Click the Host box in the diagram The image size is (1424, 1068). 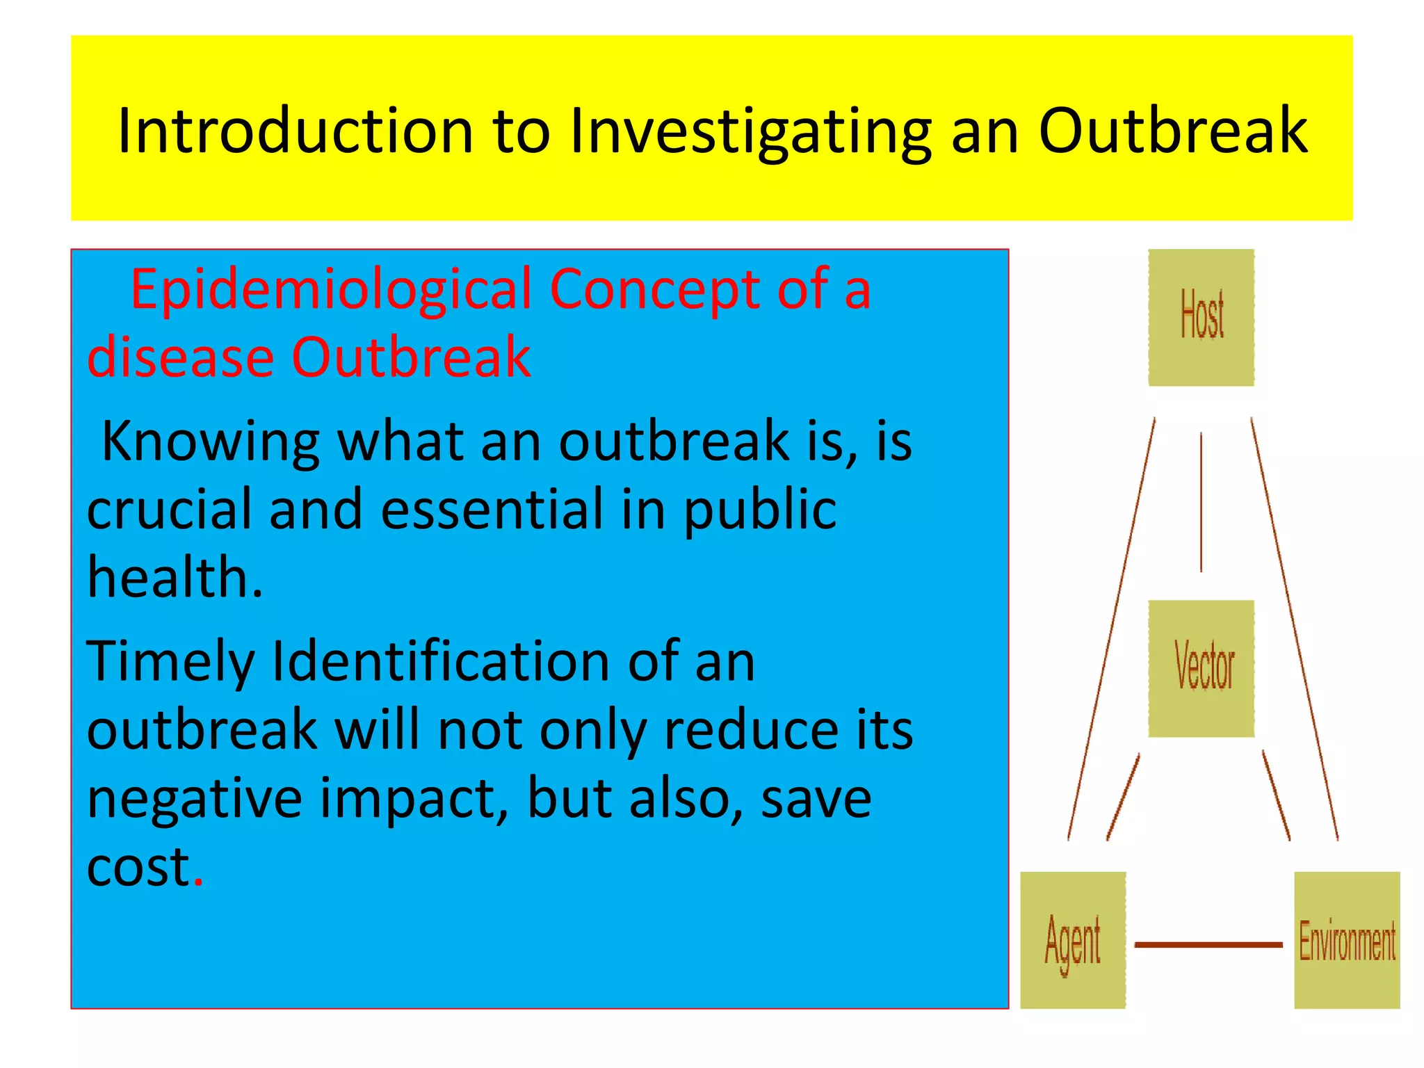[x=1201, y=317]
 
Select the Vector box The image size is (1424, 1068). [x=1201, y=668]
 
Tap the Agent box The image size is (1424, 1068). [x=1072, y=940]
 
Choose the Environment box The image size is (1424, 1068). [x=1346, y=940]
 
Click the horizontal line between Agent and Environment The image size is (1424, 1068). [x=1208, y=944]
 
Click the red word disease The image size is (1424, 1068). [x=180, y=357]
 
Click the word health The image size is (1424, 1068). [x=174, y=578]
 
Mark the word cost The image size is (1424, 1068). [x=138, y=868]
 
